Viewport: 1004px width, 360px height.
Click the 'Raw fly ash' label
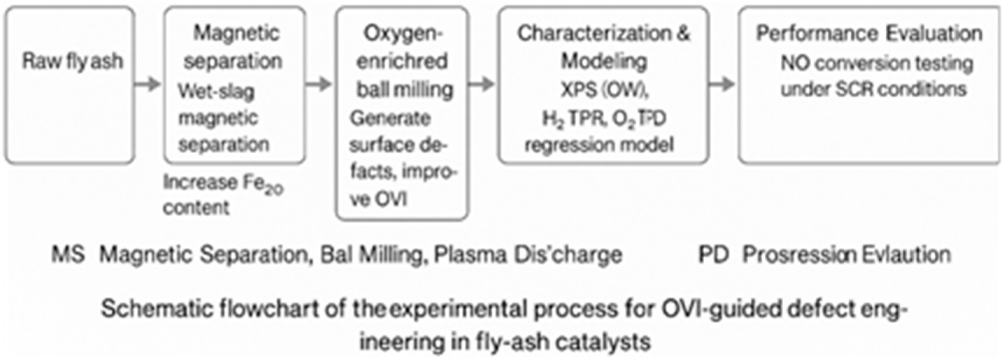coord(73,61)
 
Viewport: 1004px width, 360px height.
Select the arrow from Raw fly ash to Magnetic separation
coord(147,84)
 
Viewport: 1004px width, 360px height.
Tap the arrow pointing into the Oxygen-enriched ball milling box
coord(318,84)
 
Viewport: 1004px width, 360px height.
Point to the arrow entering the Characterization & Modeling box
coord(481,84)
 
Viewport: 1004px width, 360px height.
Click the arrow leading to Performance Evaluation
coord(722,84)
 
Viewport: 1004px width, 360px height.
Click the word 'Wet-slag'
coord(216,92)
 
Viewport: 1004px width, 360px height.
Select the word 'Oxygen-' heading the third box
coord(403,34)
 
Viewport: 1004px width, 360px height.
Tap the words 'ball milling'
coord(405,90)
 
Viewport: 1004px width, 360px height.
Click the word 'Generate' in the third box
coord(390,118)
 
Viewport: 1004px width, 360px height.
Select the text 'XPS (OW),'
coord(604,90)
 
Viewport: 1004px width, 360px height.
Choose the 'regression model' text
coord(599,145)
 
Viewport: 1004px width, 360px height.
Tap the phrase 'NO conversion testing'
coord(877,63)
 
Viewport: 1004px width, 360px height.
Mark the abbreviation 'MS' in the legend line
coord(68,255)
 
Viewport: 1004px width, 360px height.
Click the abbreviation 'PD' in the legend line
coord(713,255)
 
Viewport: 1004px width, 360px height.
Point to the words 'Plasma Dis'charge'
coord(528,255)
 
